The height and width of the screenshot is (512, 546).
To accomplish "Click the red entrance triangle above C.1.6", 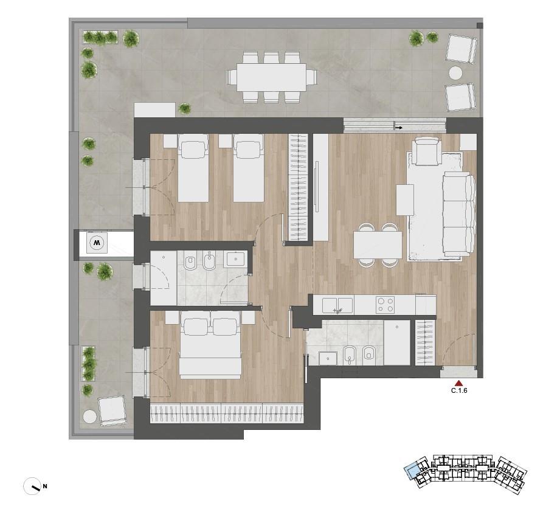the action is click(x=459, y=383).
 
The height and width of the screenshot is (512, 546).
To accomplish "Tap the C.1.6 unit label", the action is click(x=459, y=391).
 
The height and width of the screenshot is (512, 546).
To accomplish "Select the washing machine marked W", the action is click(x=97, y=242).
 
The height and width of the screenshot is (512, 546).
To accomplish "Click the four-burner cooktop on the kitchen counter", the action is click(x=385, y=305).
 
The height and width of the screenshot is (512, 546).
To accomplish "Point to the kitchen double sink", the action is click(x=337, y=305).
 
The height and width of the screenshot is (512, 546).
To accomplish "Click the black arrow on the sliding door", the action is click(x=399, y=128).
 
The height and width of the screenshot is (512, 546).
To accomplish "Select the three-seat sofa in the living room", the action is click(x=459, y=213).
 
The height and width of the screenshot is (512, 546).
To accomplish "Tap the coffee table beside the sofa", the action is click(x=405, y=200).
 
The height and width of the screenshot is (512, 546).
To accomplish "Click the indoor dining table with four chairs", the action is click(x=378, y=245).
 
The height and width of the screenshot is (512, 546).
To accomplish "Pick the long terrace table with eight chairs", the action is click(x=272, y=77).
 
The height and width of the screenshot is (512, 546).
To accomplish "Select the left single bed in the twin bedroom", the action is click(x=193, y=168).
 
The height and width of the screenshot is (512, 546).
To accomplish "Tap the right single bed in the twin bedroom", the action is click(x=248, y=168).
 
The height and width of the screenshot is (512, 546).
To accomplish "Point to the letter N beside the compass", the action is click(x=45, y=486).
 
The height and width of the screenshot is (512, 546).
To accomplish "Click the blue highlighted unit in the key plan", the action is click(x=413, y=472).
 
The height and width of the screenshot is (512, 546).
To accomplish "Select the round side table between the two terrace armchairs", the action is click(x=455, y=73).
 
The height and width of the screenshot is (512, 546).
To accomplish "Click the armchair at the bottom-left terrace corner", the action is click(x=112, y=411).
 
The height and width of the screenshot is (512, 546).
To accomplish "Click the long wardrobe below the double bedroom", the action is click(x=227, y=413).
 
